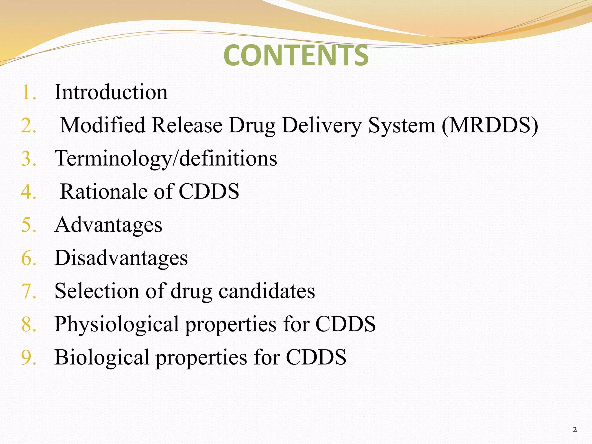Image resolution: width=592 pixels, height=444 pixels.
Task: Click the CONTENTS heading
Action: (296, 55)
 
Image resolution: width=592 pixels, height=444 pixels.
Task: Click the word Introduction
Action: (111, 92)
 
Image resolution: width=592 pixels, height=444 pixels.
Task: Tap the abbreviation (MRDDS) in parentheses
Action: (490, 125)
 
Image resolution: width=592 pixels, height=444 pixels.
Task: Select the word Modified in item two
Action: (103, 125)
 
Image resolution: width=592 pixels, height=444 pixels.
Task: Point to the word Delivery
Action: (321, 125)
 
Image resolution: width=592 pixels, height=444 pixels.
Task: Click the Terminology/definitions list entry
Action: (166, 158)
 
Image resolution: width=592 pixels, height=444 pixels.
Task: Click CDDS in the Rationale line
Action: (209, 191)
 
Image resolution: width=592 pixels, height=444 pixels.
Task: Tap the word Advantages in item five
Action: (108, 225)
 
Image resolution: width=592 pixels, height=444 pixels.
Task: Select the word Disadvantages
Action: (121, 258)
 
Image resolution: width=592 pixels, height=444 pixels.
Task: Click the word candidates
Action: (267, 291)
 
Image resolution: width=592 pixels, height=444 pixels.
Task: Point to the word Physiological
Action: (116, 324)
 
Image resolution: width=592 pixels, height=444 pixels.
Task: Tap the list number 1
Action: (28, 93)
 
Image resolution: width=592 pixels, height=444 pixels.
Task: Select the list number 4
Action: (28, 192)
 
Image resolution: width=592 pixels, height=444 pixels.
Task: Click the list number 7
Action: (28, 291)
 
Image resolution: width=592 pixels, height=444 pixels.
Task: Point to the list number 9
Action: (28, 358)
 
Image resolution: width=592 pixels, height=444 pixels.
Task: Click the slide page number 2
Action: (575, 429)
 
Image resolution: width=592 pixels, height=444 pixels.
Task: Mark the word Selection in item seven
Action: (97, 291)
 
